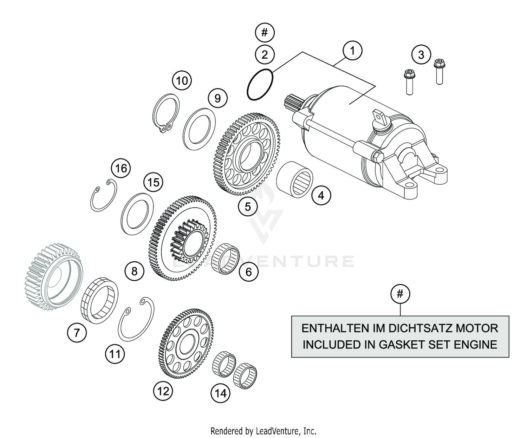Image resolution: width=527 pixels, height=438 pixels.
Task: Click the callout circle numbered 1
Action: coord(352,51)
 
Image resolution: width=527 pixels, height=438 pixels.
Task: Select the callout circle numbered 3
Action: coord(421,55)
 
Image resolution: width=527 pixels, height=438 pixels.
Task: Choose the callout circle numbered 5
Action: coord(248,207)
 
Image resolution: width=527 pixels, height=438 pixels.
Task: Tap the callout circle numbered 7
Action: coord(77,332)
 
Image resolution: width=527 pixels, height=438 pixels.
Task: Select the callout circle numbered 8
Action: coord(134,271)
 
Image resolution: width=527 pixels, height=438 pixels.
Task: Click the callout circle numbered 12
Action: coord(163,391)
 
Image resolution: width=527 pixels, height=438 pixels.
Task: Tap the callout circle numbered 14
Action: coord(221,393)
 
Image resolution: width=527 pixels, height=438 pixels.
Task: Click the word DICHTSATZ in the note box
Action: coord(416,328)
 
